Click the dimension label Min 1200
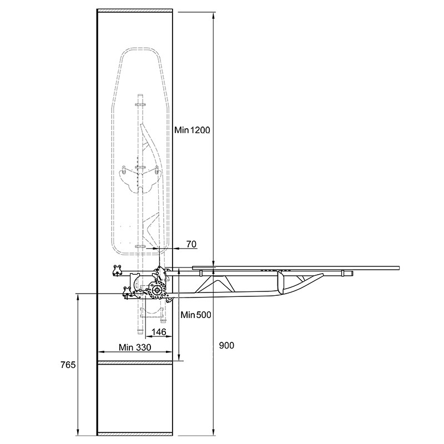coord(192,130)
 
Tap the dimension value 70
coord(191,244)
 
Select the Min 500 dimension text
coord(196,315)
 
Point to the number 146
coord(159,332)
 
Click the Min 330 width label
coord(135,347)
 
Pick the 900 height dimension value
coord(226,345)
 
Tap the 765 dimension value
coord(68,365)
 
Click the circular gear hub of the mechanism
coord(157,290)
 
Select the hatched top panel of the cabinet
coord(135,11)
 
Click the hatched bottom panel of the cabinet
coord(135,434)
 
